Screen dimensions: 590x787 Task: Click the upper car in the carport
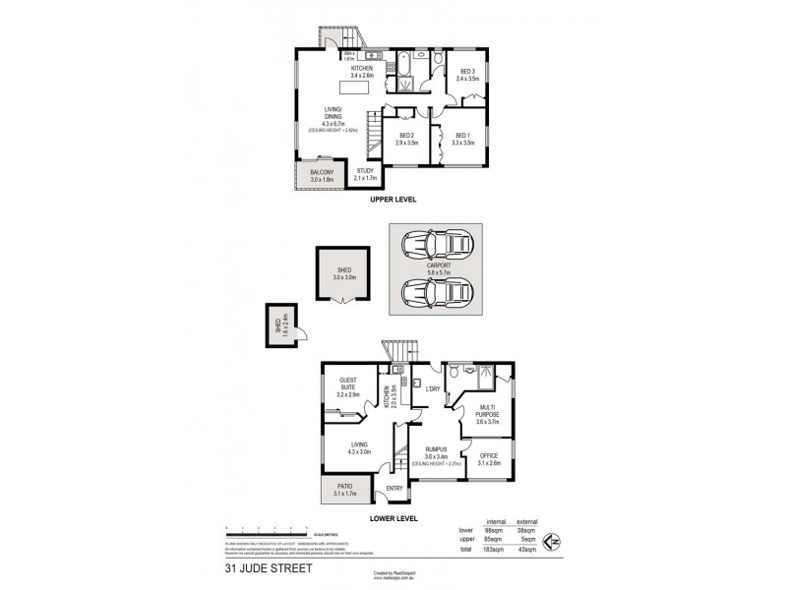438,243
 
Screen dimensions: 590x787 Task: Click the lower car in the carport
438,293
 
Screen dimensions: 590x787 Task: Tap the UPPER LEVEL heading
393,201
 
